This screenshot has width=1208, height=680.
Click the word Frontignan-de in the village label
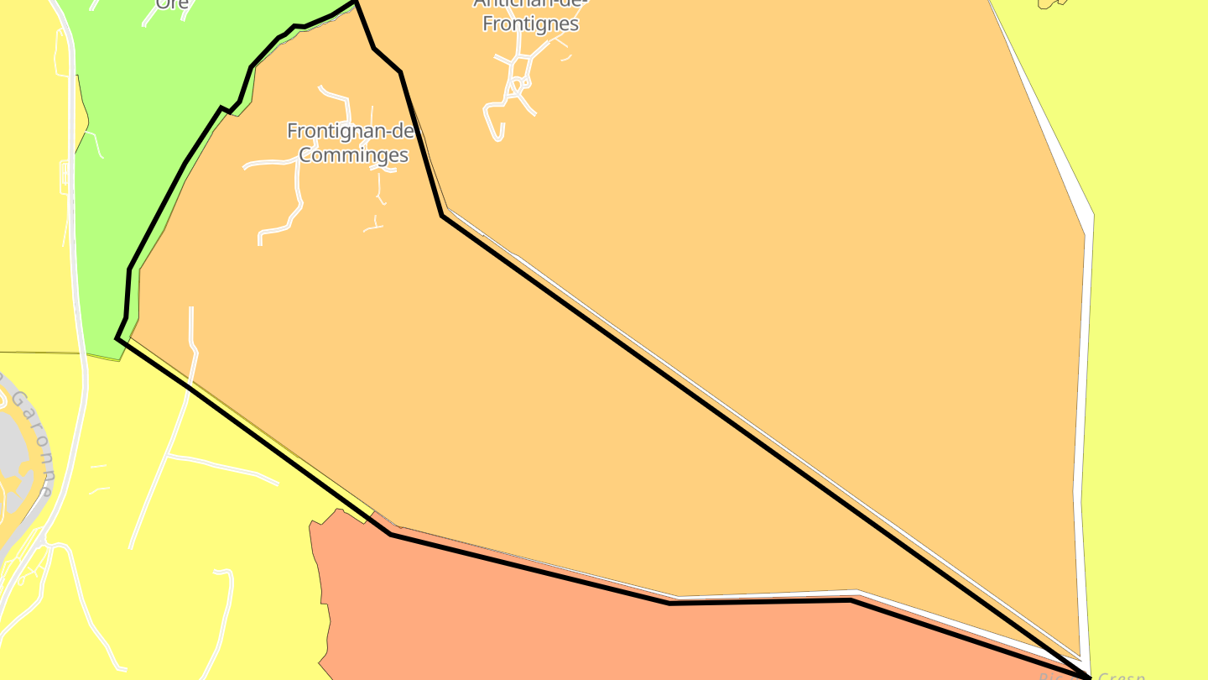[350, 131]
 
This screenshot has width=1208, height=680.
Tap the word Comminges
[353, 154]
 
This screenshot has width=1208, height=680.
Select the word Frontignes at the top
[530, 24]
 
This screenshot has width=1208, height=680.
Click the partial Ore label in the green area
[172, 4]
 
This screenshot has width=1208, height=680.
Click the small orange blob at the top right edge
[1050, 3]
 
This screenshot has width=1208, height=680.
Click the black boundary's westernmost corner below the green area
[117, 338]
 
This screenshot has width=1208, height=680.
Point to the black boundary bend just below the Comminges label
[442, 216]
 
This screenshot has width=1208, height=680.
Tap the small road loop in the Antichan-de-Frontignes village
[520, 83]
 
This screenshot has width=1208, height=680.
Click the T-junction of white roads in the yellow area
[168, 457]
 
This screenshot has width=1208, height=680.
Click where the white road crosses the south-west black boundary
[188, 387]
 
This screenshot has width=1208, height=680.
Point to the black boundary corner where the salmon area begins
[391, 534]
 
